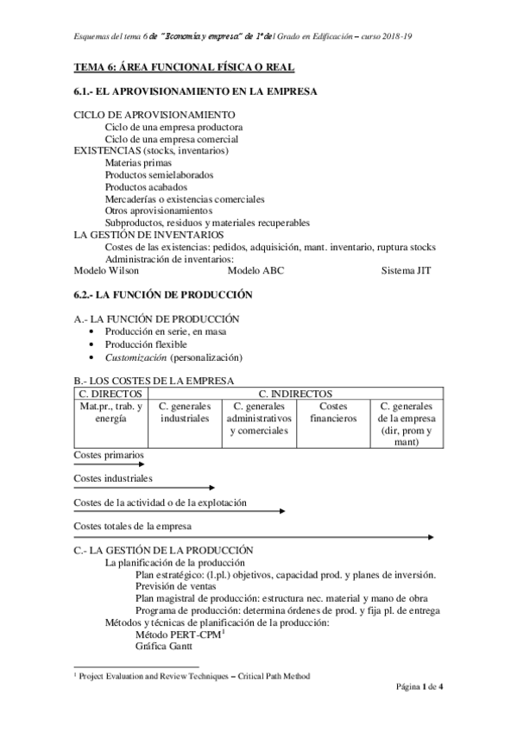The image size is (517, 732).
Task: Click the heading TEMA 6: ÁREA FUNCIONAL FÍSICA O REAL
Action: [x=184, y=66]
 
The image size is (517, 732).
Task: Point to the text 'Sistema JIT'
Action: [x=407, y=270]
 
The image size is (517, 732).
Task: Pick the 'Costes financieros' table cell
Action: [x=332, y=412]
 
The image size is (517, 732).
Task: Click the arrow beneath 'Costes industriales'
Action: [x=143, y=489]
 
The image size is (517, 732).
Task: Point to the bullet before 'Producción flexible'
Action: [x=94, y=344]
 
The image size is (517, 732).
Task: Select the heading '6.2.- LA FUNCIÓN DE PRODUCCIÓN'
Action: [x=163, y=294]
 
